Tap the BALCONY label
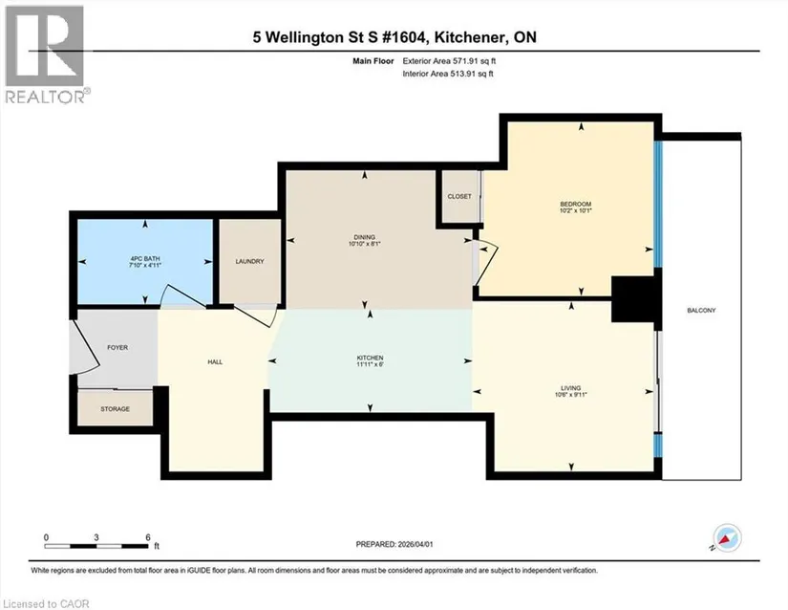[701, 311]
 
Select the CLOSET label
[459, 196]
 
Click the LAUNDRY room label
[249, 262]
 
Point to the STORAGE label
[115, 409]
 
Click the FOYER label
[117, 347]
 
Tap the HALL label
[215, 361]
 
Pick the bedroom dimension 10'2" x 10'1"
[575, 211]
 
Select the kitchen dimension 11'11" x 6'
[371, 364]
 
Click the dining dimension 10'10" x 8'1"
[364, 244]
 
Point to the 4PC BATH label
[145, 258]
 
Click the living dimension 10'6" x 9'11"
[570, 395]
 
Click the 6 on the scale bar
[148, 537]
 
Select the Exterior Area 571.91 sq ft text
[449, 61]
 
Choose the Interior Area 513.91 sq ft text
[448, 74]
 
